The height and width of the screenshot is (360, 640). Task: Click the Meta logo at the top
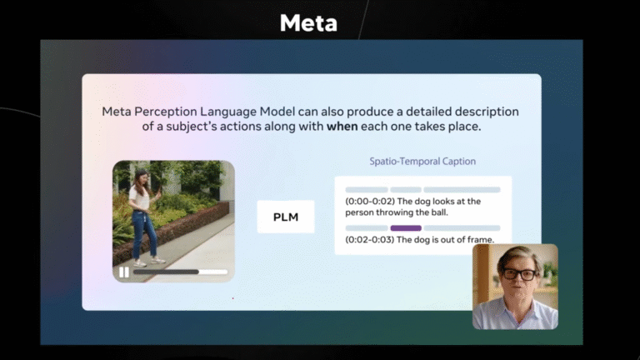pos(308,22)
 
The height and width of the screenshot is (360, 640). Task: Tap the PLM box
pos(286,217)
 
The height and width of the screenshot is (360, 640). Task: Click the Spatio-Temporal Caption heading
pos(422,161)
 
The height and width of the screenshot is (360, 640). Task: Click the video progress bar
pos(180,272)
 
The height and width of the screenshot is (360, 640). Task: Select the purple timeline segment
pos(406,228)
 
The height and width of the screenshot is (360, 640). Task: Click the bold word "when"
pos(342,127)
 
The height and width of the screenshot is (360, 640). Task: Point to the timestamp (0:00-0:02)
pos(370,201)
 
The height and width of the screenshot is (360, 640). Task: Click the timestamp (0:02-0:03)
pos(370,240)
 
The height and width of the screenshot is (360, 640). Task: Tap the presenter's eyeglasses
pos(519,274)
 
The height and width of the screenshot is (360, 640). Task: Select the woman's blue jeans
pos(143,235)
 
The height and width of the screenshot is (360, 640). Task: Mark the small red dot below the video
pos(233,298)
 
